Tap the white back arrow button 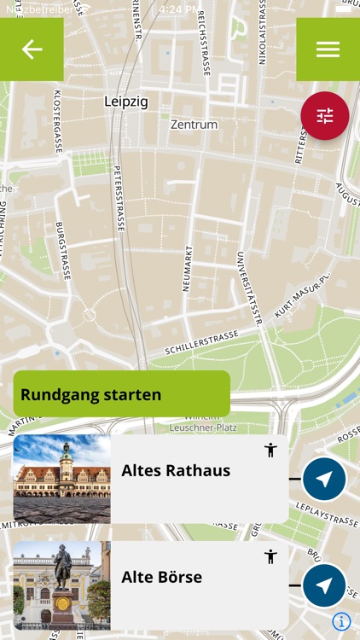tap(32, 49)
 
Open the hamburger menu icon tap(328, 49)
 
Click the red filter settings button tap(325, 116)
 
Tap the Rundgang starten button tap(121, 394)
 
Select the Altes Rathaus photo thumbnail tap(61, 479)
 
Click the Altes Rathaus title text tap(176, 470)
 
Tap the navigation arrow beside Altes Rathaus tap(324, 479)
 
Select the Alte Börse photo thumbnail tap(61, 585)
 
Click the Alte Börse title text tap(162, 577)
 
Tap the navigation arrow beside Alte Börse tap(324, 585)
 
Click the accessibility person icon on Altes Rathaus tap(270, 450)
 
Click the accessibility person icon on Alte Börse tap(270, 556)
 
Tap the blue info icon tap(341, 621)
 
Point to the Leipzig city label tap(125, 102)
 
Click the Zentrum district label tap(194, 125)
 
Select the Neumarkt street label tap(187, 268)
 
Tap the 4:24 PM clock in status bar tap(181, 9)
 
